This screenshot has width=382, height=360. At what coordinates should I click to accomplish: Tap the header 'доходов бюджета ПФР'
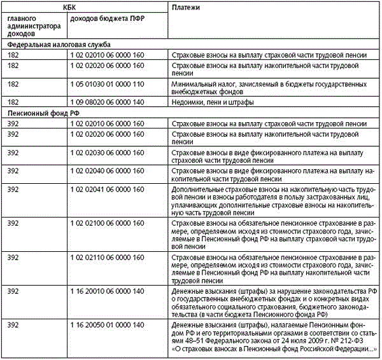tap(107, 19)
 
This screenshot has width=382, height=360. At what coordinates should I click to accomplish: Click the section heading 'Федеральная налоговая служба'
tap(59, 45)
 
